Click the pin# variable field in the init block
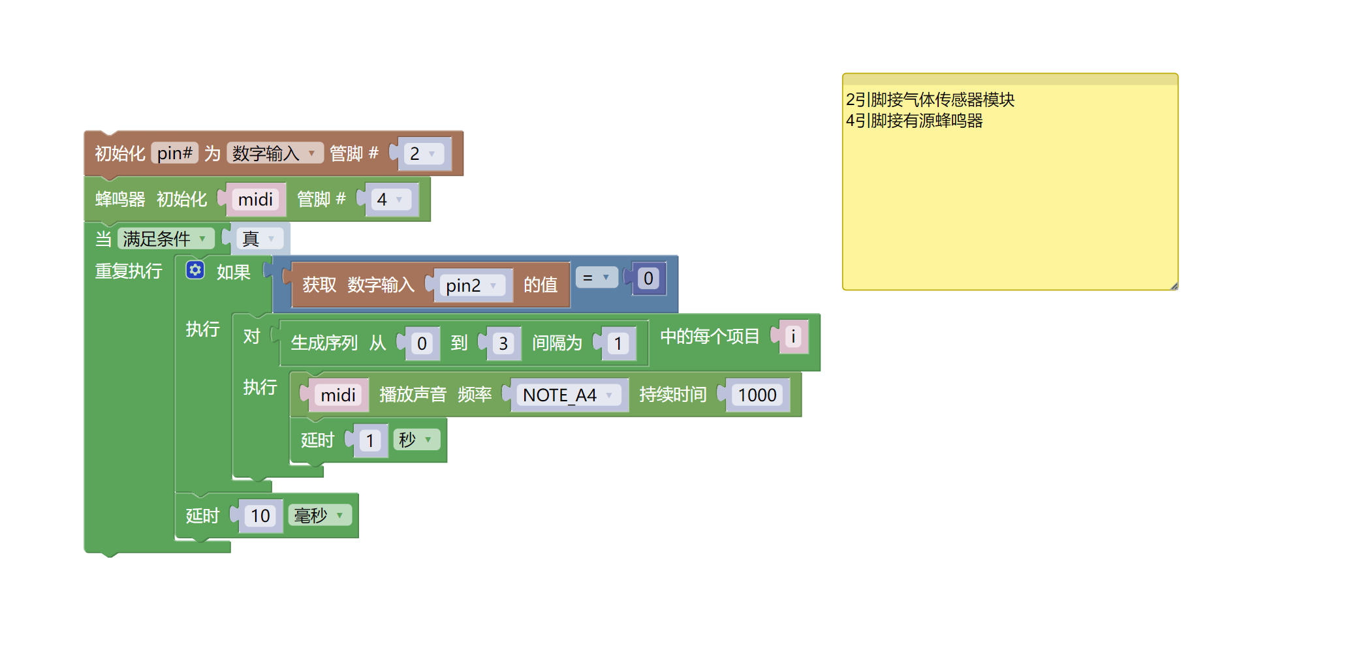174,153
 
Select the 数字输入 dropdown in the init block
274,153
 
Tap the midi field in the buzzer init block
255,200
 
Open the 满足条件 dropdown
165,239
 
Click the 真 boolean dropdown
259,239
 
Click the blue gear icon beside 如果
195,270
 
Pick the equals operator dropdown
596,278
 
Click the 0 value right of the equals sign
648,279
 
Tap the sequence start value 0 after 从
422,344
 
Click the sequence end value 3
503,344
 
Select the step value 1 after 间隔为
618,344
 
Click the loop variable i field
793,337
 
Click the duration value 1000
757,395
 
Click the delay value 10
260,516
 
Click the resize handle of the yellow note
1174,286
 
